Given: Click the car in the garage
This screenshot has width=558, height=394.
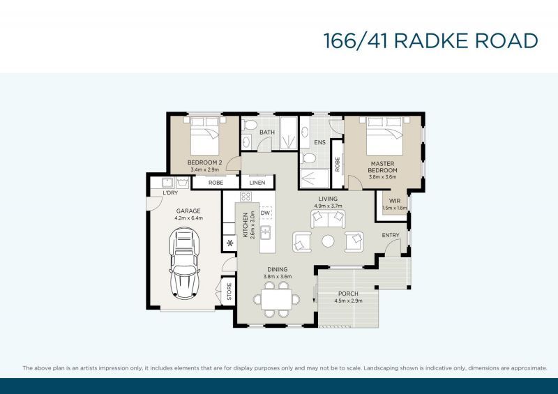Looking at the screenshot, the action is tap(184, 263).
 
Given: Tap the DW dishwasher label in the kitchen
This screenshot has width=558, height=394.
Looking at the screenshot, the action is tap(265, 213).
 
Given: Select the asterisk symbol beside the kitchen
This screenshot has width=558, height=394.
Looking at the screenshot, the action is tap(230, 243).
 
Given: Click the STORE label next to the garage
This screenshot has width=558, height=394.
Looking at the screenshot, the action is tap(229, 291).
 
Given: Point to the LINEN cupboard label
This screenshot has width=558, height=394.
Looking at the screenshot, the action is tap(257, 183).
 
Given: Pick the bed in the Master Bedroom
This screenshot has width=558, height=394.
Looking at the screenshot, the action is tap(384, 136).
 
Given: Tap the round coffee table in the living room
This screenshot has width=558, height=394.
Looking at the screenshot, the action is tap(328, 241).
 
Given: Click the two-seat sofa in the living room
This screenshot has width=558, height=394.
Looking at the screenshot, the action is tap(328, 219).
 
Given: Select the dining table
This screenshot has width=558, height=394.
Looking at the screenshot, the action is tap(276, 300).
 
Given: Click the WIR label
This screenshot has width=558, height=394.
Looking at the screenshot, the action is tap(395, 201).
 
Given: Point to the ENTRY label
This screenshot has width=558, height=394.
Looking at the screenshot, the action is tap(391, 235).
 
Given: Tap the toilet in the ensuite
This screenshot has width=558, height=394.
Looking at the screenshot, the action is tap(308, 158).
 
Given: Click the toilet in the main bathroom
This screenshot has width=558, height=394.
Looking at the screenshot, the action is tap(250, 125).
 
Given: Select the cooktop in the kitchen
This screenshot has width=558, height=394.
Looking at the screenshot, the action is tap(246, 197).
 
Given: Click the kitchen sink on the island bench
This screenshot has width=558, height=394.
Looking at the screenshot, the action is tap(265, 233).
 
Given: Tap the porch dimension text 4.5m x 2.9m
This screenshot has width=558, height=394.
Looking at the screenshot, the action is tap(348, 301).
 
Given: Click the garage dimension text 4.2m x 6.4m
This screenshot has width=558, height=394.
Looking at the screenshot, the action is tap(188, 218).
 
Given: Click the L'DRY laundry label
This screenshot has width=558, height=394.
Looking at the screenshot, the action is tap(170, 193).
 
